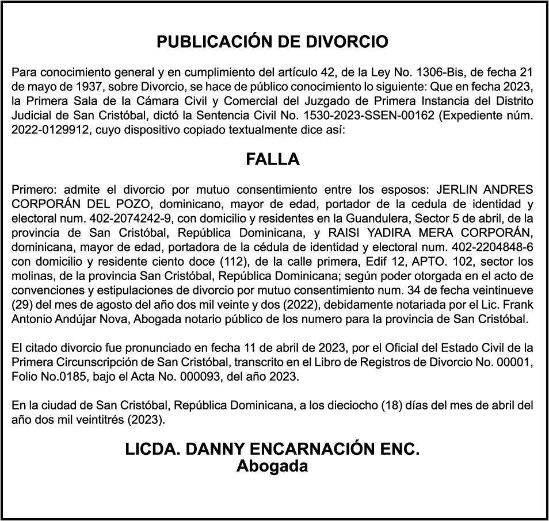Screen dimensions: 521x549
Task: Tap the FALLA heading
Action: pyautogui.click(x=273, y=159)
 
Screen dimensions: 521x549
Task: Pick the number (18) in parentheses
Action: pyautogui.click(x=394, y=405)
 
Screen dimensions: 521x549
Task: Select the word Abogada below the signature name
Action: pyautogui.click(x=272, y=466)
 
